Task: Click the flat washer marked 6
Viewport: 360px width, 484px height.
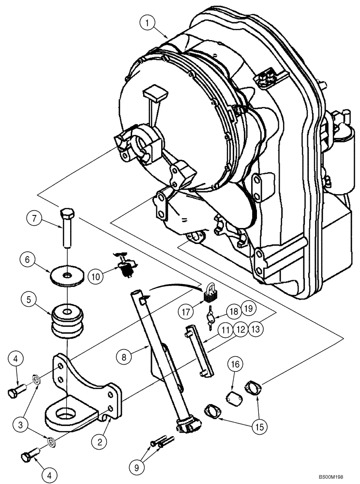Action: [x=66, y=276]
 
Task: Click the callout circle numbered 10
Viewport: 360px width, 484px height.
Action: [x=95, y=277]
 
